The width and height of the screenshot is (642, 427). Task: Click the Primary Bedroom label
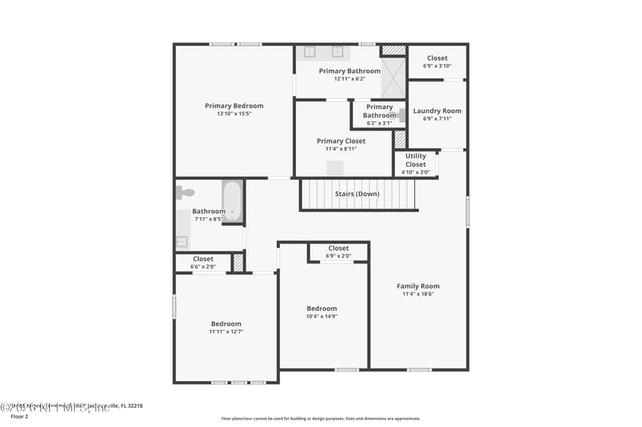[x=234, y=106]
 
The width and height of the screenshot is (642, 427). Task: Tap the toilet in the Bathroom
[x=185, y=192]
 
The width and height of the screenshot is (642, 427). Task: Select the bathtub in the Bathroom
[x=232, y=200]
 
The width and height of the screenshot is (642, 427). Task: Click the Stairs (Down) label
[x=357, y=194]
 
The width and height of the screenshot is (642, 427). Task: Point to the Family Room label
[x=418, y=286]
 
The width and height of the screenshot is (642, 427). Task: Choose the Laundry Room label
[x=437, y=111]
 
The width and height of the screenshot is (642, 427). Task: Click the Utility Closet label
[x=416, y=160]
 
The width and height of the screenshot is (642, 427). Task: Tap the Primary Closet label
[x=341, y=141]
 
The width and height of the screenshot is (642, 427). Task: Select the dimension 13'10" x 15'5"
[x=234, y=114]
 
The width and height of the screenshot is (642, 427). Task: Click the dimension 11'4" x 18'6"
[x=418, y=294]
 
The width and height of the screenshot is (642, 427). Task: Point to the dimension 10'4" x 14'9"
[x=322, y=316]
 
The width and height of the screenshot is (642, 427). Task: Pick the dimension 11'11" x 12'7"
[x=226, y=332]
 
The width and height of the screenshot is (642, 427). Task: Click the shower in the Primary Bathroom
[x=393, y=78]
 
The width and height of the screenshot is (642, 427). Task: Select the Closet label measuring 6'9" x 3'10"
[x=437, y=58]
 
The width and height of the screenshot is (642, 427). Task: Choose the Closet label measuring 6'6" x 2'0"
[x=203, y=259]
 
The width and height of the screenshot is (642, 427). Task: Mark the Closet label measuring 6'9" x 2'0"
[x=339, y=248]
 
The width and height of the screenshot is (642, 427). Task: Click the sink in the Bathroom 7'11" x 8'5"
[x=182, y=241]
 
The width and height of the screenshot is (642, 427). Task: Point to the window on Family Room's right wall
[x=467, y=211]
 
